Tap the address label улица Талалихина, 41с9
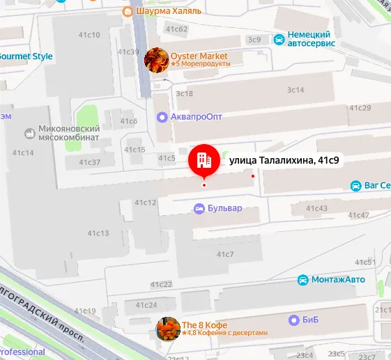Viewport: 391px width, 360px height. coord(284,161)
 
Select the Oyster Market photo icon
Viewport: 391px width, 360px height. coord(156,60)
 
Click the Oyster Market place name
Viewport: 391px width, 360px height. coord(199,56)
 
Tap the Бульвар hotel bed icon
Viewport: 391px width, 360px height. coord(199,208)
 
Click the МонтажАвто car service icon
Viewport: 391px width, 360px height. coord(303,280)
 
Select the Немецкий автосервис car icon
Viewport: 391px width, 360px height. coord(279,39)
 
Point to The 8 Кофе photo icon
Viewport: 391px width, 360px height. coord(167,329)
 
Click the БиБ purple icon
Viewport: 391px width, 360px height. coord(294,320)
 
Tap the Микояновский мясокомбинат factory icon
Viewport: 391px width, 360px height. coord(30,132)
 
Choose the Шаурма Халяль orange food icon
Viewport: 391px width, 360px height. coord(127,11)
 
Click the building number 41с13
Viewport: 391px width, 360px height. coord(98,233)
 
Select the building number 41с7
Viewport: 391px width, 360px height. coord(225,254)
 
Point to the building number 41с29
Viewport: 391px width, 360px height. coord(360,108)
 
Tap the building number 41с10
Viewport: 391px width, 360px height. coord(90,35)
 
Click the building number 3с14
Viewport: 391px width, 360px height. coord(296,90)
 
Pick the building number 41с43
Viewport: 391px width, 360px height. coord(316,209)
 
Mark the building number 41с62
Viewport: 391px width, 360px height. coord(177,29)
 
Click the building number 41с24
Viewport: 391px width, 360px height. coord(146,305)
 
